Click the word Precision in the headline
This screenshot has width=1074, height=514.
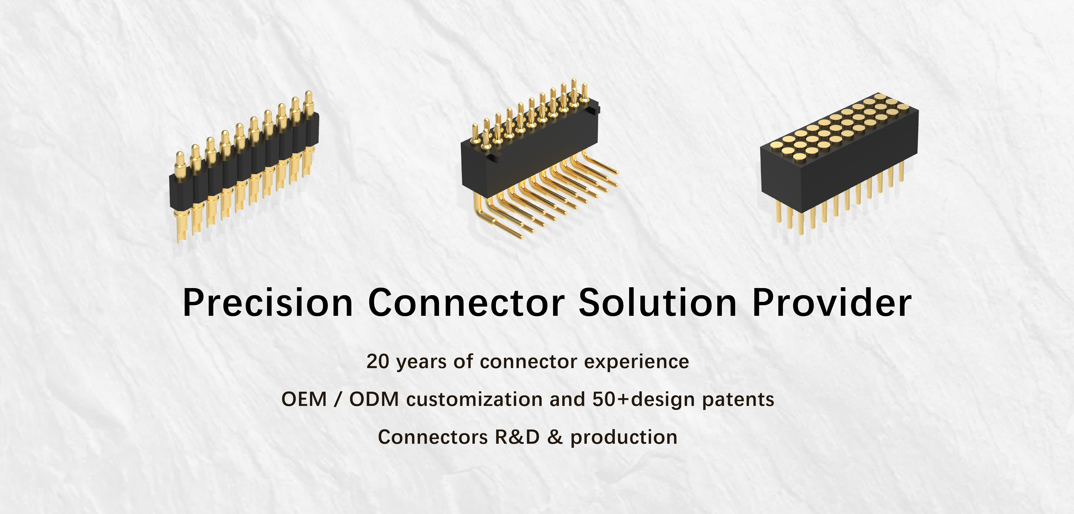coord(268,303)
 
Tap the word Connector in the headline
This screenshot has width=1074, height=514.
coord(466,303)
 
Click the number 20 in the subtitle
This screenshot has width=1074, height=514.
coord(378,361)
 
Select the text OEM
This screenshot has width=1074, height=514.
coord(304,399)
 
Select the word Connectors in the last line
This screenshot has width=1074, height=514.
coord(433,437)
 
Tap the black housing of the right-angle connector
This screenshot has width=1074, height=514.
coord(529,150)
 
